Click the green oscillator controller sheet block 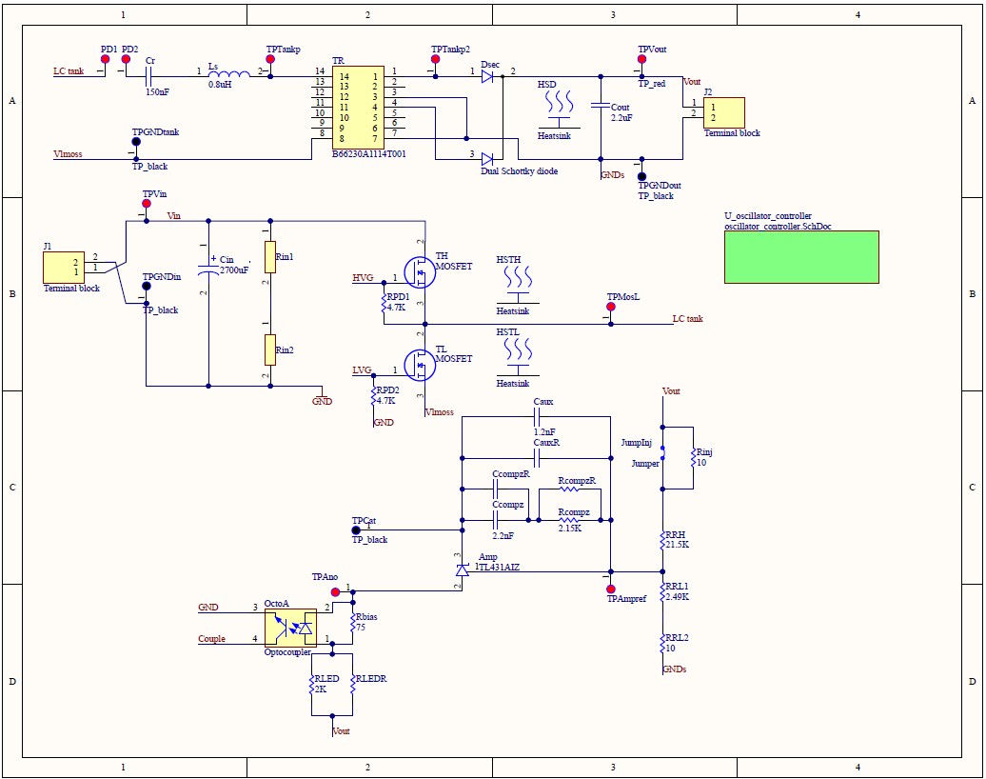tap(800, 256)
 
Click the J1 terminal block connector tap(64, 267)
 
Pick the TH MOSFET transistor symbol tap(419, 273)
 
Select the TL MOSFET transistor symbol tap(419, 364)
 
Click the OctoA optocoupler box tap(289, 628)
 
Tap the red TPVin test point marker tap(147, 204)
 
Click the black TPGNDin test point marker tap(147, 287)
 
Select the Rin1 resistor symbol tap(270, 256)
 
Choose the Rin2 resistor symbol tap(270, 350)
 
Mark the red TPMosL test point tap(611, 308)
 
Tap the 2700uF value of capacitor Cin tap(234, 270)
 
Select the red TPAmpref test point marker tap(611, 589)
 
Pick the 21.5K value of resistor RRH tap(677, 545)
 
